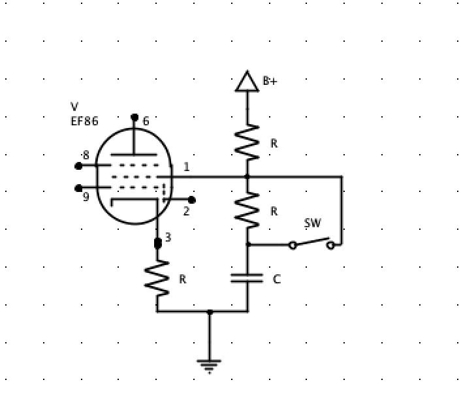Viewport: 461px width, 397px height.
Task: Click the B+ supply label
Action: (x=270, y=81)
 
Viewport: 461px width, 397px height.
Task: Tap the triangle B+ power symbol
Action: (x=247, y=81)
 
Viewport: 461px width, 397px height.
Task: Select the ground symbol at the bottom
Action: (x=209, y=366)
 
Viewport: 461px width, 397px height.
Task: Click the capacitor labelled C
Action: (x=247, y=279)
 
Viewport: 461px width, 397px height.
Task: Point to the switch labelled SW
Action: (x=311, y=244)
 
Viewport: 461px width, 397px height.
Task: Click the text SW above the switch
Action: (x=313, y=223)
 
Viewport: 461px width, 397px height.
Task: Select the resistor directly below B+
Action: (x=247, y=142)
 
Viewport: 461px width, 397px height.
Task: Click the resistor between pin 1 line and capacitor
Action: (x=247, y=210)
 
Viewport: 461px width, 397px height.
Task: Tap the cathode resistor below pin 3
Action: (x=157, y=279)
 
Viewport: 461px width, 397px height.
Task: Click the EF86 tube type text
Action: (x=85, y=121)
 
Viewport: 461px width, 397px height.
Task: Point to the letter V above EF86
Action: (x=74, y=106)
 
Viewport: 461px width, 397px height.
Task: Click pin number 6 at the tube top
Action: (x=146, y=121)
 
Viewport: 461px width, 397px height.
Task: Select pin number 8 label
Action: (x=86, y=155)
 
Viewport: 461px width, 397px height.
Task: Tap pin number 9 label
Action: (x=86, y=197)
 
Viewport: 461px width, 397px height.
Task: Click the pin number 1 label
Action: (x=186, y=167)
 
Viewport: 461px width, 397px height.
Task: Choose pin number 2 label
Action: (x=186, y=211)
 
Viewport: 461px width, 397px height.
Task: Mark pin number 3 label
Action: (x=168, y=238)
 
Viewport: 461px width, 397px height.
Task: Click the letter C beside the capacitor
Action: (x=276, y=279)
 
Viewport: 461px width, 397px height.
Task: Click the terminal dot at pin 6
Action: (x=135, y=118)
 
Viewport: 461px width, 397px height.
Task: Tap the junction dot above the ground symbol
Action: (x=209, y=312)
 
